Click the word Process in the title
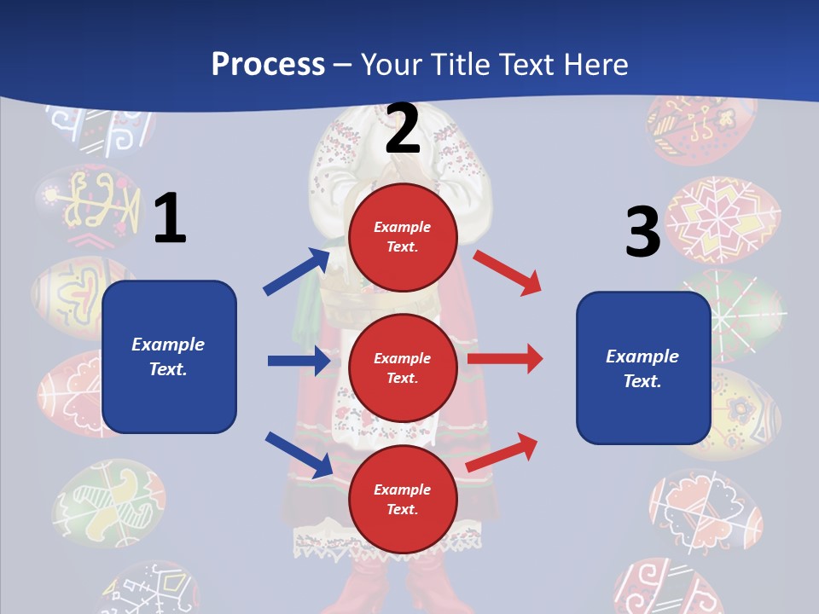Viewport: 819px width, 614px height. click(268, 65)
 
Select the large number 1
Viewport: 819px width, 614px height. click(170, 218)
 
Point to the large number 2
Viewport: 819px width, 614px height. click(403, 129)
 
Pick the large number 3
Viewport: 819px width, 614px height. click(642, 233)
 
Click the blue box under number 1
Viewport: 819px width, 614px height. click(169, 356)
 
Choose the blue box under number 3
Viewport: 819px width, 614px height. click(643, 368)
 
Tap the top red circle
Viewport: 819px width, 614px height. click(403, 237)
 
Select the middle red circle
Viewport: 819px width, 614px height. click(403, 368)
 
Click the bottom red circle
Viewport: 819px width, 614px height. click(403, 500)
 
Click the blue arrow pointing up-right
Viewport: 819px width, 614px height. click(297, 272)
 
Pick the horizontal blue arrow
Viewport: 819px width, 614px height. click(299, 361)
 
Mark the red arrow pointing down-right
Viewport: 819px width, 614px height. click(508, 272)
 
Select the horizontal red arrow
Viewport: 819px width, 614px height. click(505, 359)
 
